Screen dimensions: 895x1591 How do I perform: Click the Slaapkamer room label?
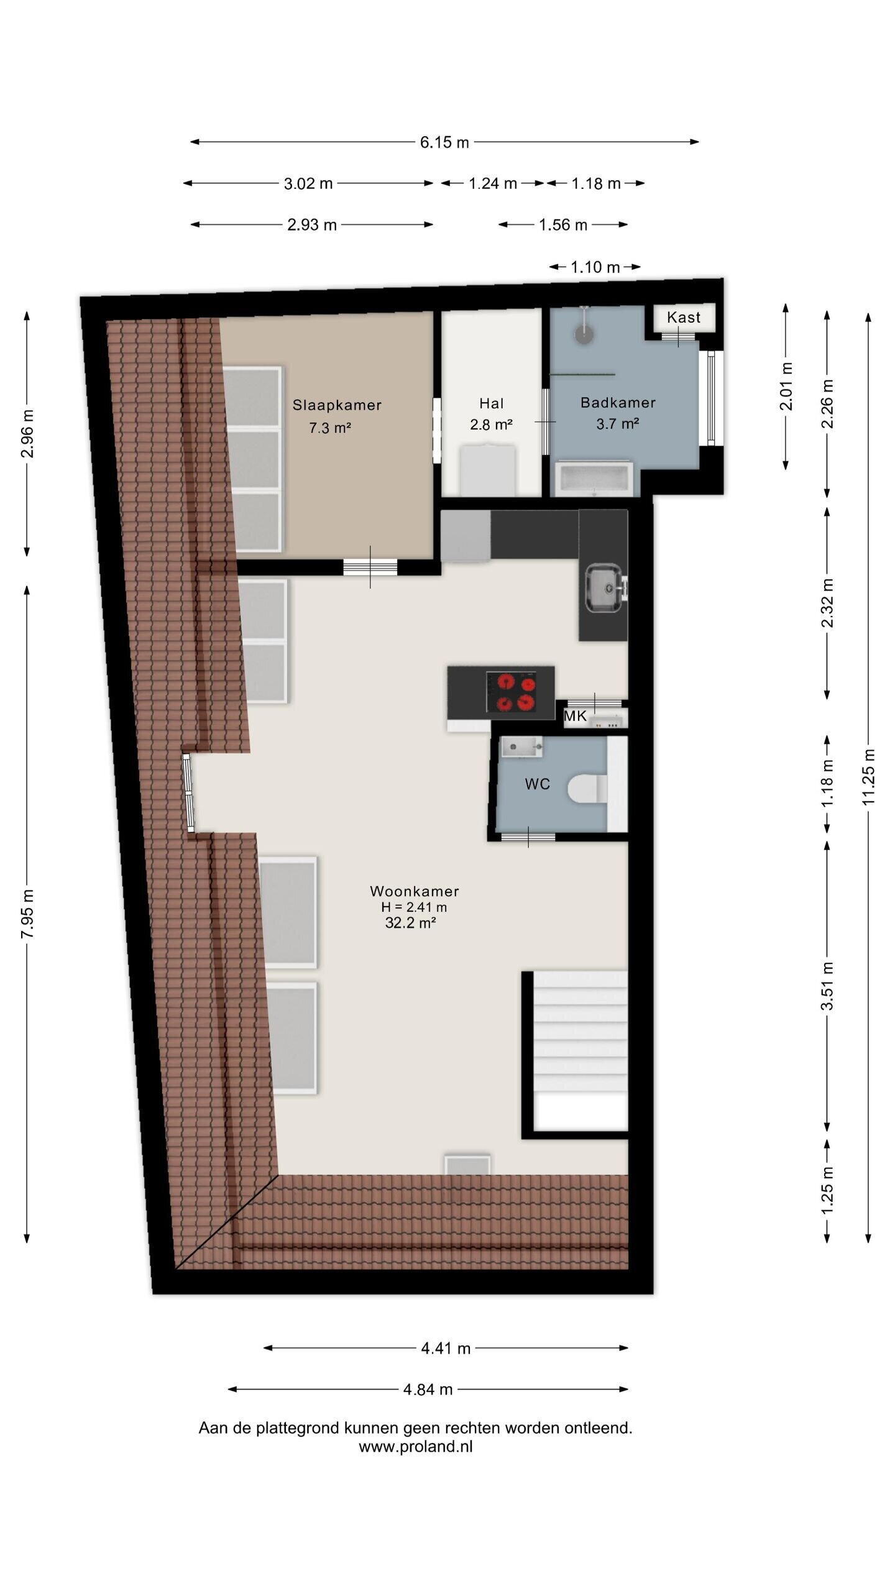coord(337,405)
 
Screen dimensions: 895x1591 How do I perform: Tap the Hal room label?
coord(491,403)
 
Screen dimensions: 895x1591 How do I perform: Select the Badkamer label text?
coord(618,403)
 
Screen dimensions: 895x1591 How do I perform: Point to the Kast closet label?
coord(684,317)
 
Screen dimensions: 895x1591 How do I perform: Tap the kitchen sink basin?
coord(604,587)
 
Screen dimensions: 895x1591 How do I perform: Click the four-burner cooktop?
coord(512,692)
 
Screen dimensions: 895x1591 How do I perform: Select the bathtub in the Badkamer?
coord(595,479)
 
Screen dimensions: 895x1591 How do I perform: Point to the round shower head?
coord(584,334)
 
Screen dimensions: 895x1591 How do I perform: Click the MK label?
coord(575,716)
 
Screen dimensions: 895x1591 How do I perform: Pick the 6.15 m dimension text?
coord(444,142)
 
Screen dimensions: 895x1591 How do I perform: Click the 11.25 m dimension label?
coord(868,777)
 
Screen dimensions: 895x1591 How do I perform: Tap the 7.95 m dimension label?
coord(27,914)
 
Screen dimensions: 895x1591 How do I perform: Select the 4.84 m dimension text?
coord(428,1390)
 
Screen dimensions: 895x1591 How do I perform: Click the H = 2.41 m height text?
coord(414,907)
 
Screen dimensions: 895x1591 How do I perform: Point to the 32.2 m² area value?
coord(410,923)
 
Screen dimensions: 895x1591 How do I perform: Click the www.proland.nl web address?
coord(415,1447)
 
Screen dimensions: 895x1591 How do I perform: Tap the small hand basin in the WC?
coord(522,747)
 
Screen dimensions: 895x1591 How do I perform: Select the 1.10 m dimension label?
coord(595,267)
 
